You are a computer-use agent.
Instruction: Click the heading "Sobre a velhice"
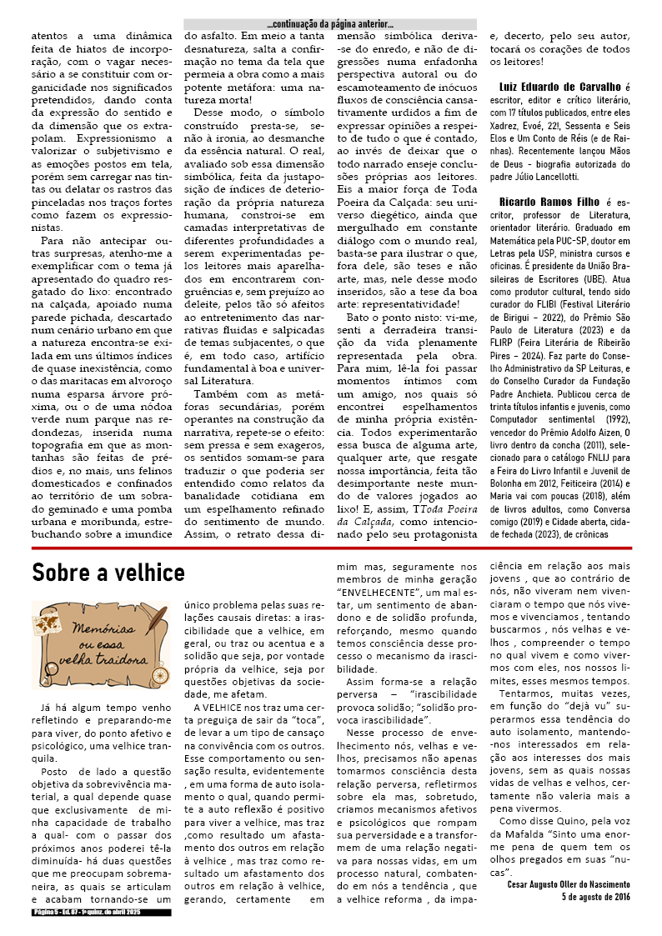click(108, 573)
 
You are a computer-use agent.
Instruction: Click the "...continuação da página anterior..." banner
click(330, 24)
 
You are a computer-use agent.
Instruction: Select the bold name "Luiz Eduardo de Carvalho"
click(560, 87)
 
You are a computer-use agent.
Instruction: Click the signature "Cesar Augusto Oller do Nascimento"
click(569, 884)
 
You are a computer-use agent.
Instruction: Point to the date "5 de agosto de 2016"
click(596, 897)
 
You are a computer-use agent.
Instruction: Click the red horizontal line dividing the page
click(331, 548)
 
